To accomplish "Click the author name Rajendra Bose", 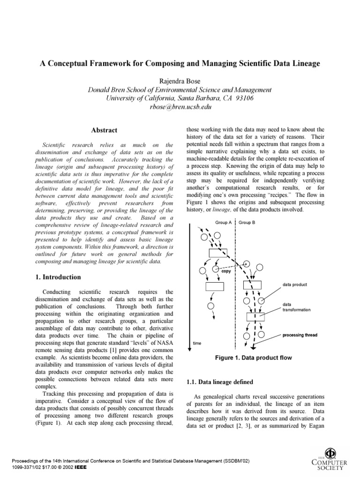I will pos(180,81).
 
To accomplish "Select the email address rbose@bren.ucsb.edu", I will pos(180,107).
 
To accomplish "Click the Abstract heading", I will pos(104,130).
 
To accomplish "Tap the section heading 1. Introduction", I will pos(59,277).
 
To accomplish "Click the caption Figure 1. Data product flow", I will pos(253,358).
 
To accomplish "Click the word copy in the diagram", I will pos(225,271).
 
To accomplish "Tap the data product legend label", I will pos(294,285).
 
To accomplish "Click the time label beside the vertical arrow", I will pos(198,343).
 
